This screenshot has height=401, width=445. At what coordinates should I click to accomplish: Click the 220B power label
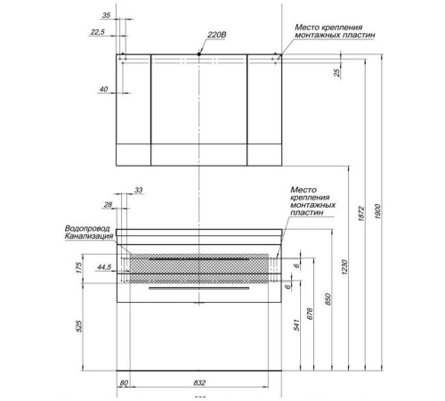(x=216, y=35)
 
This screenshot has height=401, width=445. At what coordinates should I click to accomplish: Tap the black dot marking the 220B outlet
(x=199, y=54)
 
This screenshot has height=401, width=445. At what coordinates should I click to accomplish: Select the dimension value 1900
(x=377, y=212)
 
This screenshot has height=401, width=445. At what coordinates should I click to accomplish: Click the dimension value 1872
(x=361, y=214)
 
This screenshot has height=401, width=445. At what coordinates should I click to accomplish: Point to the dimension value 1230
(x=344, y=267)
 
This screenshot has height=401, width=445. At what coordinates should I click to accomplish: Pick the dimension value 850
(x=328, y=299)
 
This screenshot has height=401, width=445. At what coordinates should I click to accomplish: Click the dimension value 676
(x=310, y=314)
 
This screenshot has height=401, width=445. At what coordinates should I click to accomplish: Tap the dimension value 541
(x=296, y=325)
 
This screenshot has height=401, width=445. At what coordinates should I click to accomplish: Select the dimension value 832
(x=199, y=382)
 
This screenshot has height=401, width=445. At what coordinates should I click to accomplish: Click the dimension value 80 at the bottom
(x=124, y=382)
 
